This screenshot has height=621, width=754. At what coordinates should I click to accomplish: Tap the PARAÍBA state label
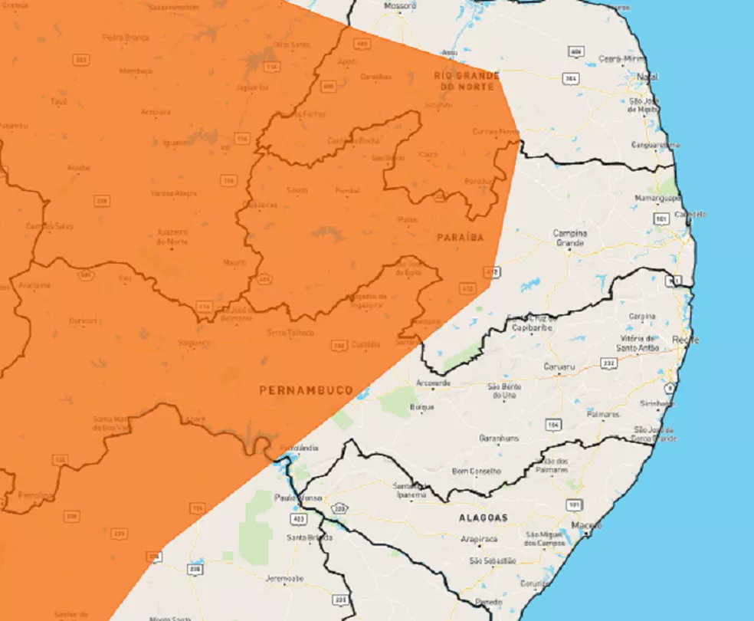pyautogui.click(x=461, y=238)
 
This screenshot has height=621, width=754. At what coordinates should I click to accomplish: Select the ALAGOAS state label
pyautogui.click(x=483, y=518)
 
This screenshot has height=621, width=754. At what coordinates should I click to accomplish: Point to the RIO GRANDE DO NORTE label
pyautogui.click(x=467, y=81)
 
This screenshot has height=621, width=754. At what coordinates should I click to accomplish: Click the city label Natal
pyautogui.click(x=647, y=77)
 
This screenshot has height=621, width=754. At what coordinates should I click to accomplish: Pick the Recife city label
pyautogui.click(x=681, y=338)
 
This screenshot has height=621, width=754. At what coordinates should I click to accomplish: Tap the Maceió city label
pyautogui.click(x=586, y=525)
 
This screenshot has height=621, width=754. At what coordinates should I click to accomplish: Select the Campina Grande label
pyautogui.click(x=570, y=238)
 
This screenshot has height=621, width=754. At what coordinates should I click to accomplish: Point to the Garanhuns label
pyautogui.click(x=499, y=438)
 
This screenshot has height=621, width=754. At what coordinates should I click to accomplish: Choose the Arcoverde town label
pyautogui.click(x=433, y=383)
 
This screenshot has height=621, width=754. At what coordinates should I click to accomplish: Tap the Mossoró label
pyautogui.click(x=400, y=6)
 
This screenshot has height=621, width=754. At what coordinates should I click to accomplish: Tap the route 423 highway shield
pyautogui.click(x=296, y=518)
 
